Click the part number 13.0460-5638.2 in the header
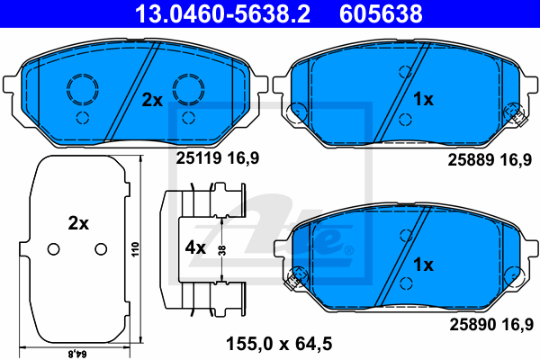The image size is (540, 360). pos(223,13)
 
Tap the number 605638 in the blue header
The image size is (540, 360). pos(381,13)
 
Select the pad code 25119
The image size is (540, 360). pos(199,158)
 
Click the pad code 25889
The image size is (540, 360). pos(471,160)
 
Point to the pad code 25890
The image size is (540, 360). pos(472,325)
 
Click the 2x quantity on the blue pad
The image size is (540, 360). pos(152,100)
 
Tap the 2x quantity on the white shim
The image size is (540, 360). pos(78,223)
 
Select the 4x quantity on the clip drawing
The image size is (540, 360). pos(195,247)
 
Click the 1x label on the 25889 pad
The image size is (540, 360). pos(423,100)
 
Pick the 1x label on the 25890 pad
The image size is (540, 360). pos(423,265)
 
